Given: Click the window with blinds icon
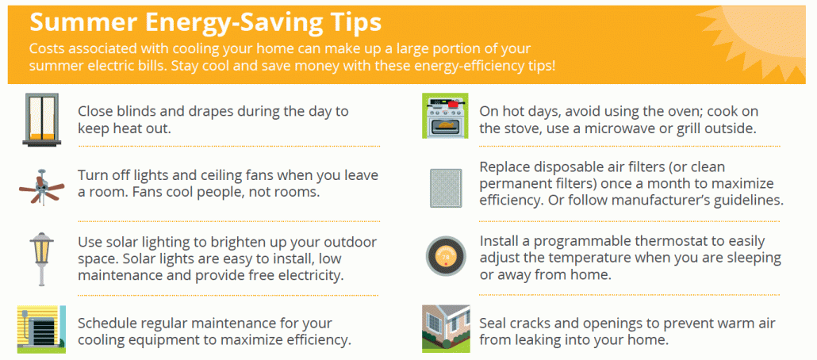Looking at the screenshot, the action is click(x=41, y=119).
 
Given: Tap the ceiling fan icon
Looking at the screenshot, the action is click(x=41, y=187).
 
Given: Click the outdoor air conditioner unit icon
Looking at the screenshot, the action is click(x=41, y=329).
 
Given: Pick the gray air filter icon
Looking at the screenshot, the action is click(x=446, y=188).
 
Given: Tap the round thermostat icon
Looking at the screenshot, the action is click(x=446, y=258).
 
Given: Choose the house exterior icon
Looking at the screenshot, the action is click(x=446, y=329).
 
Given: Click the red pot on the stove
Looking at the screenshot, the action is click(x=452, y=103).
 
